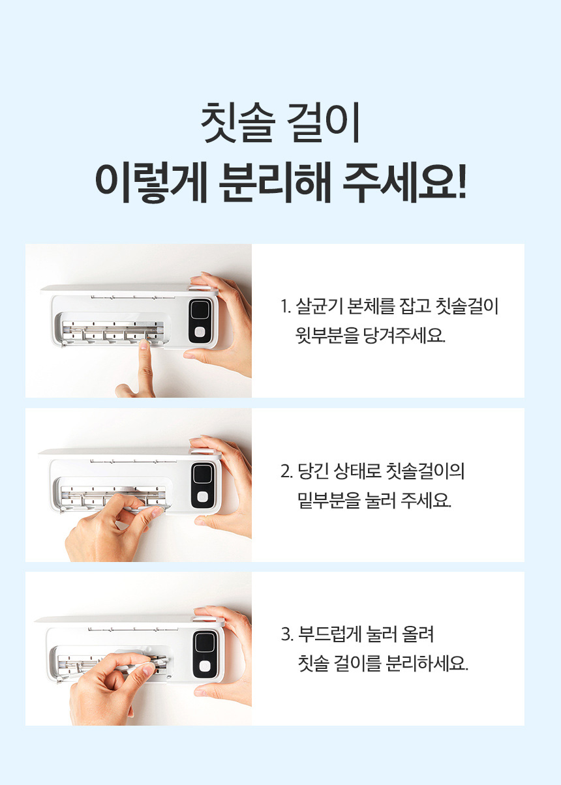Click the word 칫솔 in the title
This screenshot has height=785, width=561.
237,122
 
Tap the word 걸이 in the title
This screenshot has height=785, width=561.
324,122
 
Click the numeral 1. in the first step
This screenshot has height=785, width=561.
286,306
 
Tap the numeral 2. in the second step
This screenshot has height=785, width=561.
286,472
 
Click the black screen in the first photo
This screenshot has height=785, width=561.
200,310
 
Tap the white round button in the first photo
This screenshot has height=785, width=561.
200,331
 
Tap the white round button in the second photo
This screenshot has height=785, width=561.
202,497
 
